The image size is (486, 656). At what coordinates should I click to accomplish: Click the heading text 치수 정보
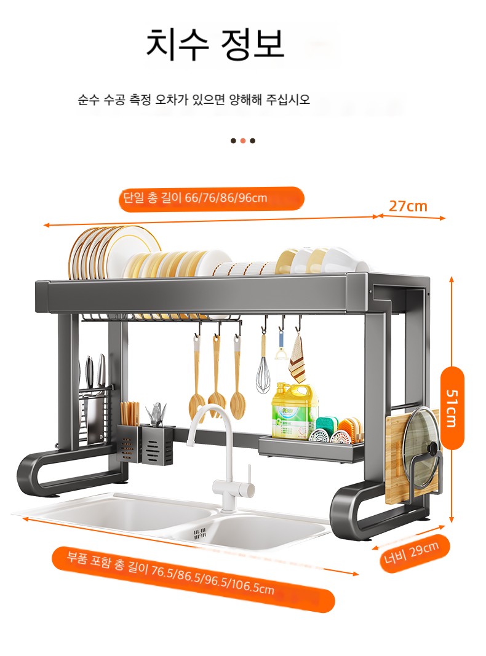coord(215,44)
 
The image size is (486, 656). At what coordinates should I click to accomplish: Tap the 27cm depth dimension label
coord(408,206)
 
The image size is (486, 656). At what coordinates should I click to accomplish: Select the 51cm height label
coord(452,408)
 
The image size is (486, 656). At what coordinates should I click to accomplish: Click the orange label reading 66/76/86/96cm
coord(212,199)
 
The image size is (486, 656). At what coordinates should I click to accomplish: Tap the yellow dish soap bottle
coord(292,409)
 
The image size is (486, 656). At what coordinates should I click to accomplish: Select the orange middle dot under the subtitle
coord(243,141)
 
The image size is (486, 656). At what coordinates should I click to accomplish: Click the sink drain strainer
coord(200,532)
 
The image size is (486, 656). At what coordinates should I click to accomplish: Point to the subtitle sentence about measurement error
coord(194,100)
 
